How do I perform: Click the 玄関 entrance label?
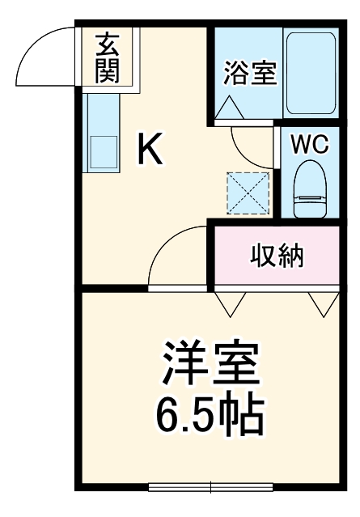107,59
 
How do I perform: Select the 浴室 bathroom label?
250,72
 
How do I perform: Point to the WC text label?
310,145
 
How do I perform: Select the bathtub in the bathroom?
311,74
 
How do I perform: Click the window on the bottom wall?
210,486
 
